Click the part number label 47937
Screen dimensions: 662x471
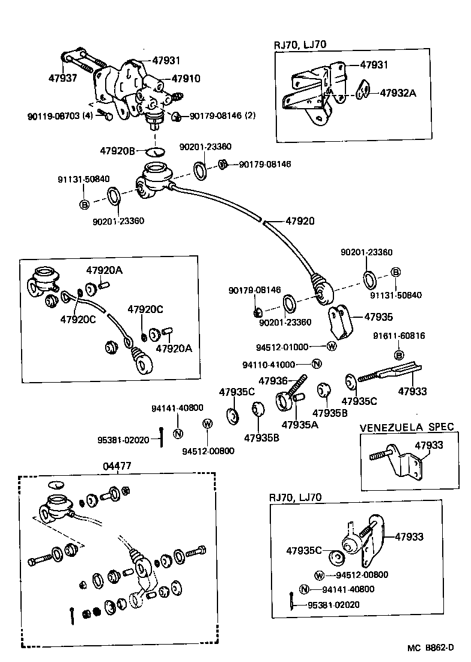coord(62,78)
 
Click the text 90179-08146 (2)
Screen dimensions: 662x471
coord(223,115)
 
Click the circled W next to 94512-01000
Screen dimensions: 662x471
coord(332,347)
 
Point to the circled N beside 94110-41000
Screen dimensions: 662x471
coord(317,364)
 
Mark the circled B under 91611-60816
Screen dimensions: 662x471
coord(400,355)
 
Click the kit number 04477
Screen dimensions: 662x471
coord(117,466)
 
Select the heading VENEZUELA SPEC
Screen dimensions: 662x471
coord(406,428)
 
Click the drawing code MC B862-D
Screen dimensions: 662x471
coord(429,648)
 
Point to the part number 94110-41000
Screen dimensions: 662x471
coord(277,365)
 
